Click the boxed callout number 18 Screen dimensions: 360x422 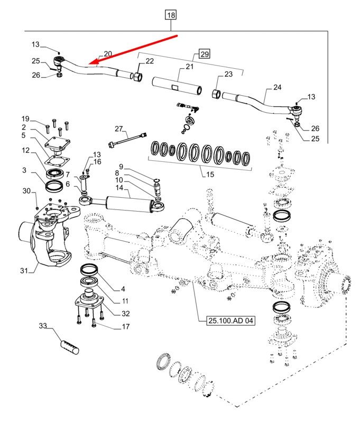171,15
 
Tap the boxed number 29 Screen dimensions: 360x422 205,54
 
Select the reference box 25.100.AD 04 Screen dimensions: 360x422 230,320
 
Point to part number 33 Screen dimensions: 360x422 43,326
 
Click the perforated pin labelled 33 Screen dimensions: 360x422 70,347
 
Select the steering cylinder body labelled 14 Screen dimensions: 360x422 128,204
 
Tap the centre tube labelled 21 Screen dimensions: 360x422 177,86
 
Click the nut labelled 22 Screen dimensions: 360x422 138,77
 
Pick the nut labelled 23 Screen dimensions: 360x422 216,94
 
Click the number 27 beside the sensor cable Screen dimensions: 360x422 118,129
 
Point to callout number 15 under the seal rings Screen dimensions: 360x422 210,175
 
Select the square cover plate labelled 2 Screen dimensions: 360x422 58,144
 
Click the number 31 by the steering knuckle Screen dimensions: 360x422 24,270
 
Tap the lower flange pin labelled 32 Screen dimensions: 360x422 89,299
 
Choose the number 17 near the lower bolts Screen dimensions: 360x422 126,326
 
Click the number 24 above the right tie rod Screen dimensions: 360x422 278,87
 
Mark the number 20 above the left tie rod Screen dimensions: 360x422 108,54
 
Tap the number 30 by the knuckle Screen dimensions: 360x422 26,191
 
